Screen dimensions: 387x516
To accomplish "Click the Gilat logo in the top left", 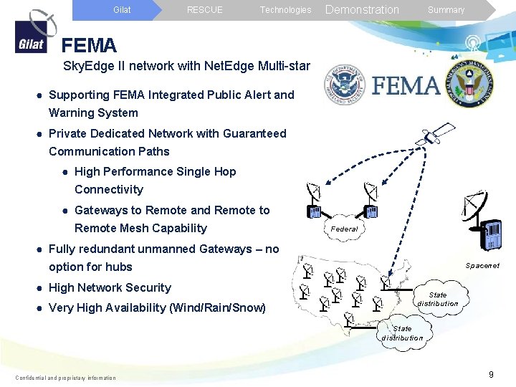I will [31, 33].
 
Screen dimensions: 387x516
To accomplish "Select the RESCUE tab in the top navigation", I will [204, 10].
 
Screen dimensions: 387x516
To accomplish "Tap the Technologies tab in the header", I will [285, 10].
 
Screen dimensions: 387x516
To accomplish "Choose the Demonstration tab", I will [362, 10].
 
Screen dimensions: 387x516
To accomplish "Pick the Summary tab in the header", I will [446, 10].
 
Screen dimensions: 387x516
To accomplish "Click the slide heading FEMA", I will [89, 46].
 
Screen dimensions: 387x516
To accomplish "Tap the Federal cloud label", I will [344, 229].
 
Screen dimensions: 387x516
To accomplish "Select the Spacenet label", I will [482, 266].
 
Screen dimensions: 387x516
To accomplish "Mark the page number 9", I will [491, 375].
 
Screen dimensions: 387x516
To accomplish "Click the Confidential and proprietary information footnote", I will [65, 378].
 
